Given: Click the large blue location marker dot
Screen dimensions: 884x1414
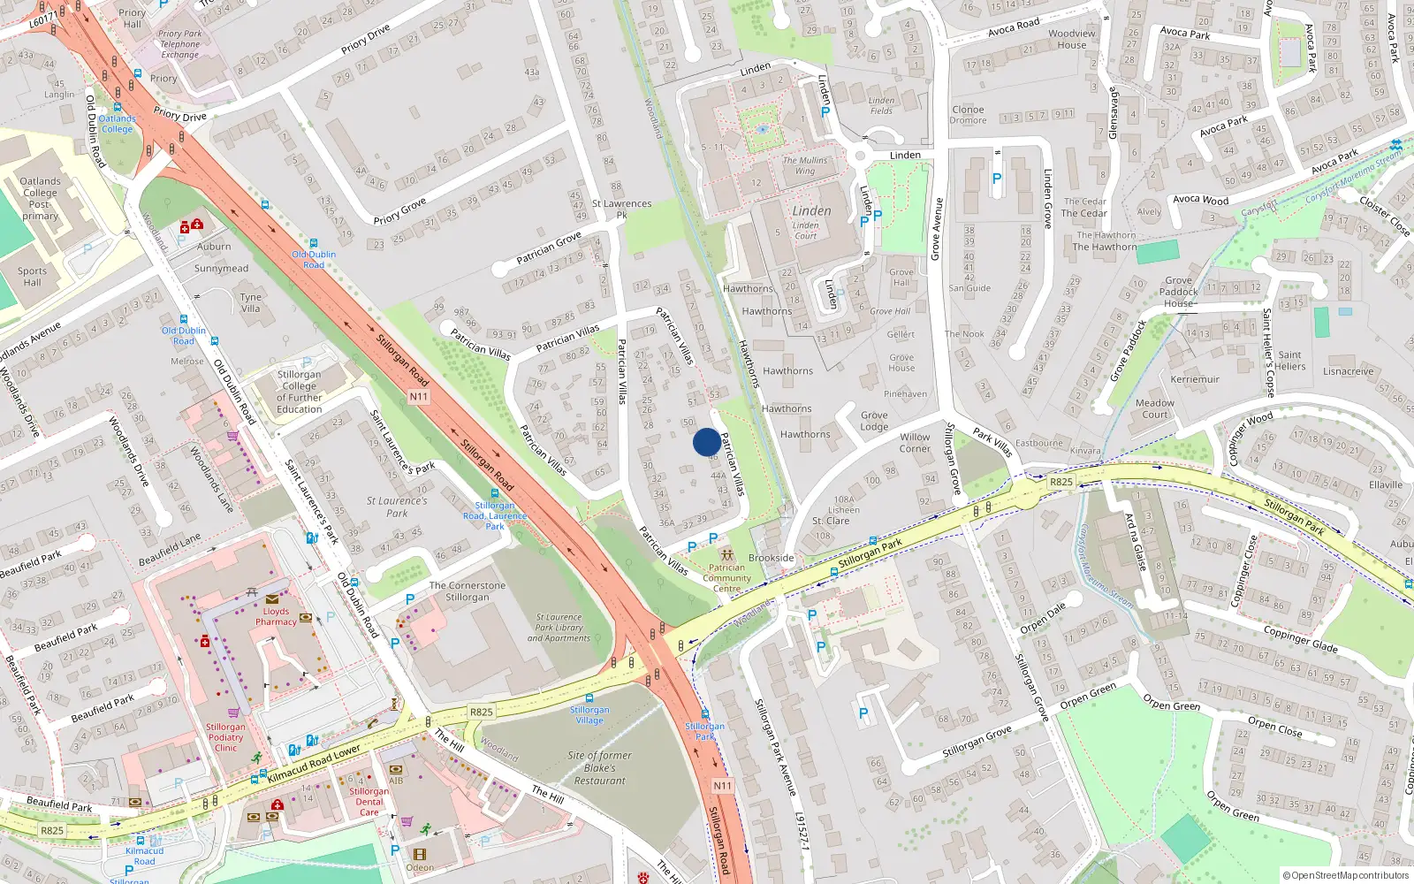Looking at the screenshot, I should click(x=707, y=442).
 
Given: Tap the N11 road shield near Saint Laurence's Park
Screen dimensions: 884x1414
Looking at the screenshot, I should click(x=418, y=397).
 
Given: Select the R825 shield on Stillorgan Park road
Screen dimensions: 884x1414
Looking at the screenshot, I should click(x=1060, y=482).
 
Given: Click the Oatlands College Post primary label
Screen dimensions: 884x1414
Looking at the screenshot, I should click(x=40, y=198).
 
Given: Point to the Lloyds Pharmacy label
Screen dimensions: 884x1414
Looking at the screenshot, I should click(x=276, y=616).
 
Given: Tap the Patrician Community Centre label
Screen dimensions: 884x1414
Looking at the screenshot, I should click(x=726, y=578).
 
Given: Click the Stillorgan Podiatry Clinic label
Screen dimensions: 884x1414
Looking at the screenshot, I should click(x=225, y=737).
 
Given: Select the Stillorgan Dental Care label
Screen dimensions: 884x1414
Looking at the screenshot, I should click(x=369, y=802).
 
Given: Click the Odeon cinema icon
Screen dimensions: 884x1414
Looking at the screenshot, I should click(x=419, y=855).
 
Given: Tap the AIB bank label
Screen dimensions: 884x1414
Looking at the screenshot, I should click(x=396, y=781).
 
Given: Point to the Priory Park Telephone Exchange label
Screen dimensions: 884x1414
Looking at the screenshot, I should click(x=180, y=44).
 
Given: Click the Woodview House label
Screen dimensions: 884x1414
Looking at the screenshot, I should click(x=1071, y=39).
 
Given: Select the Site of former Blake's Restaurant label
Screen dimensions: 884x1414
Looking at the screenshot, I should click(x=600, y=768).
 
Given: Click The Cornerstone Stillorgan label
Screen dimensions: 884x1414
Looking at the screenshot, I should click(x=468, y=591).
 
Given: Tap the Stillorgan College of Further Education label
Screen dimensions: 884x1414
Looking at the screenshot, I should click(x=299, y=392).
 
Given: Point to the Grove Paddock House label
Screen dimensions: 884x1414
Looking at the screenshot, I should click(x=1179, y=292).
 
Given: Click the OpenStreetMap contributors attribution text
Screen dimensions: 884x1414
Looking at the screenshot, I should click(x=1345, y=875).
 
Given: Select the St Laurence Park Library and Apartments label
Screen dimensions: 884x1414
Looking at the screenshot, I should click(x=559, y=628).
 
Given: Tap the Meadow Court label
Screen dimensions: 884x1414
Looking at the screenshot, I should click(x=1155, y=408).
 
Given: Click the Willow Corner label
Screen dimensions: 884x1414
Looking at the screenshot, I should click(x=915, y=443).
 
